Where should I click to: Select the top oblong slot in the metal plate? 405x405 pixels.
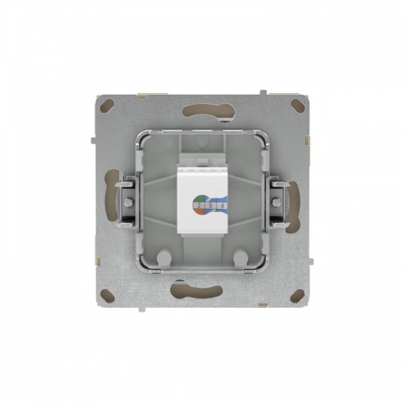(x=202, y=112)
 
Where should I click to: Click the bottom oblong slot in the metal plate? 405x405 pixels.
(x=202, y=293)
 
